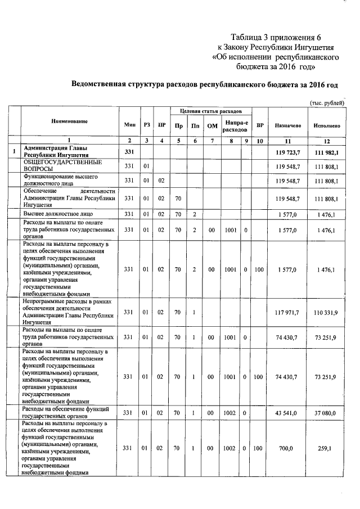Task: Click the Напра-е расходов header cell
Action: (231, 125)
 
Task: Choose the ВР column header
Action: (260, 125)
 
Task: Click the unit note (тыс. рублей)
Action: (327, 103)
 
